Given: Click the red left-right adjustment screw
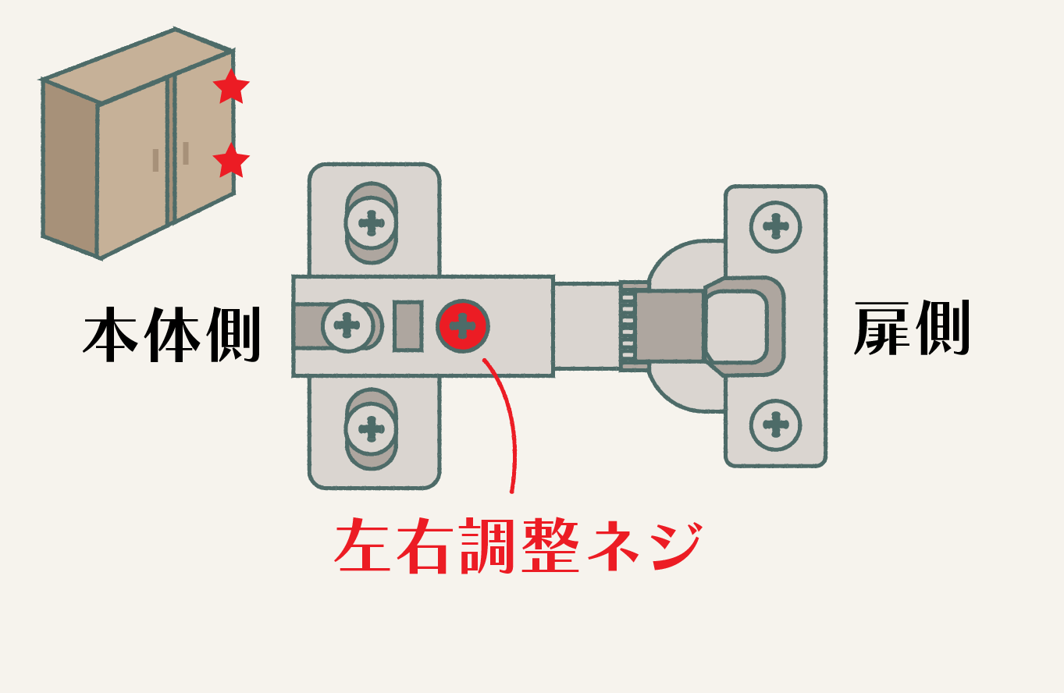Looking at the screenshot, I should (463, 325).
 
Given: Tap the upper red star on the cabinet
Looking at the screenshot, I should (231, 87).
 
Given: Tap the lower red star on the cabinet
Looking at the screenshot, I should (231, 162).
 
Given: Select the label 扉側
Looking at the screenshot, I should (912, 329).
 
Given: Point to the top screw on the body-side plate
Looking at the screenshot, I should (372, 222).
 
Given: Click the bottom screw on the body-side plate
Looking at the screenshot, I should (372, 428).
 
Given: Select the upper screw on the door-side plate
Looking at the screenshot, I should (775, 226).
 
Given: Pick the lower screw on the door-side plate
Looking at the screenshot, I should (775, 425).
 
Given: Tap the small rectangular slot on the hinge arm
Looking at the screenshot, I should (407, 325).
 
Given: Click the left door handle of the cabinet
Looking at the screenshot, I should (155, 160).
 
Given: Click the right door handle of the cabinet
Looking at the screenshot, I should (186, 153).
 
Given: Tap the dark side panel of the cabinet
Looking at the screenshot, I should (69, 168).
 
